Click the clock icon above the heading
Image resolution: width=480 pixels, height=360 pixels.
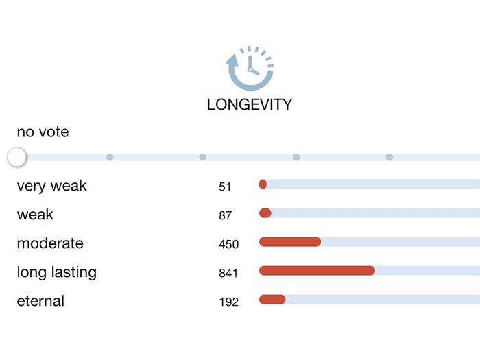(250, 69)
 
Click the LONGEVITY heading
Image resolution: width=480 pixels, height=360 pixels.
(250, 105)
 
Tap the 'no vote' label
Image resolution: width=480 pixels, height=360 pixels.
(43, 132)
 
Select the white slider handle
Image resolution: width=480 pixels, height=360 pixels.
(16, 157)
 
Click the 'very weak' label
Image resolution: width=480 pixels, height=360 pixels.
(52, 186)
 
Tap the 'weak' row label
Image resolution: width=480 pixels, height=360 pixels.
(35, 215)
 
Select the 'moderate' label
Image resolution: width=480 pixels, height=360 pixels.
(50, 243)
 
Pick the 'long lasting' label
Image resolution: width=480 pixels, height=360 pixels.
(56, 272)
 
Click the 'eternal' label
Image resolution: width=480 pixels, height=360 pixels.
(40, 301)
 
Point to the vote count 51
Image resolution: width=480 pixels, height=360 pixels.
(225, 187)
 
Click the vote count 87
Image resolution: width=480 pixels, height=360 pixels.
(225, 215)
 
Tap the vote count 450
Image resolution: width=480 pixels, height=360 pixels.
(228, 244)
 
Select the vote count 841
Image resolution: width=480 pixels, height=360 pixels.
(228, 273)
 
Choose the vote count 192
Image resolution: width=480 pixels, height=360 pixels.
(228, 302)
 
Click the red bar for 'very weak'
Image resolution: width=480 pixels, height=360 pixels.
(263, 184)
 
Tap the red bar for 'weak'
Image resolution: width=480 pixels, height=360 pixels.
(265, 213)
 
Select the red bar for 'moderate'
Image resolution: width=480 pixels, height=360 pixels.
(289, 241)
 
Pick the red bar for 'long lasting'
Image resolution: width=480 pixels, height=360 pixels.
(317, 270)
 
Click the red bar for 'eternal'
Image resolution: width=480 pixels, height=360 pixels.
(272, 299)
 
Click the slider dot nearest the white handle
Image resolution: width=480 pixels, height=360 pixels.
(110, 157)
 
